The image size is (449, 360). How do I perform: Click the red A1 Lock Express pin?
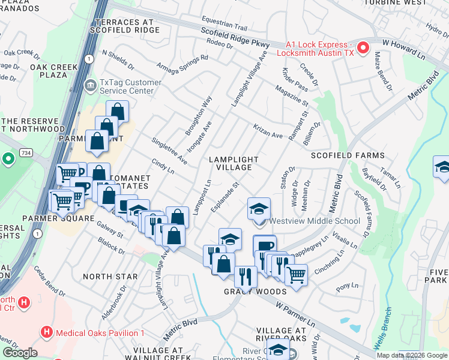[363, 47]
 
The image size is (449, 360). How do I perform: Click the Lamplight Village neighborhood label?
[234, 163]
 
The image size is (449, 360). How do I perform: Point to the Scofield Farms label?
[347, 155]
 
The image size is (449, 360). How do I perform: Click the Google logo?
[19, 353]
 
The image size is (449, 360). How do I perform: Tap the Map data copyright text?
[411, 355]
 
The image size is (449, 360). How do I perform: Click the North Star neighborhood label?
[110, 277]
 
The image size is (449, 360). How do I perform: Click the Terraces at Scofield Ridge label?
[124, 25]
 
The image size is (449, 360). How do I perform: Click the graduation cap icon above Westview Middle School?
[259, 208]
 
